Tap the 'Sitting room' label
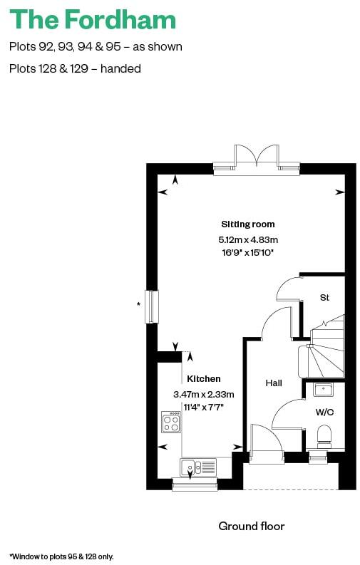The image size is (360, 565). (247, 224)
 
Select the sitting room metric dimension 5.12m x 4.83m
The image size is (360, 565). (247, 239)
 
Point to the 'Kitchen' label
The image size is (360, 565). (204, 379)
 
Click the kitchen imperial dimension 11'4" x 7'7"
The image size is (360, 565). (204, 407)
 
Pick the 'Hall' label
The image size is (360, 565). (274, 383)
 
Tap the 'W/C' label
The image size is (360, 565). (324, 411)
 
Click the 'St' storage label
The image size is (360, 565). (324, 297)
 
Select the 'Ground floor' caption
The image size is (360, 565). (251, 527)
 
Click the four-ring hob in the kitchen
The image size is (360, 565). (171, 423)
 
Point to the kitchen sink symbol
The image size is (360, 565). (197, 467)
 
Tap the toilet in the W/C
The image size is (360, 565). (324, 435)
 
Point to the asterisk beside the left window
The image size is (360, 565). (138, 305)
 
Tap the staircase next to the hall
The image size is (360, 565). (324, 349)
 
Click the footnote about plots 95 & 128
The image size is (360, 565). (61, 556)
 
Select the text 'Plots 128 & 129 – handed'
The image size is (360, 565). (75, 69)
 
